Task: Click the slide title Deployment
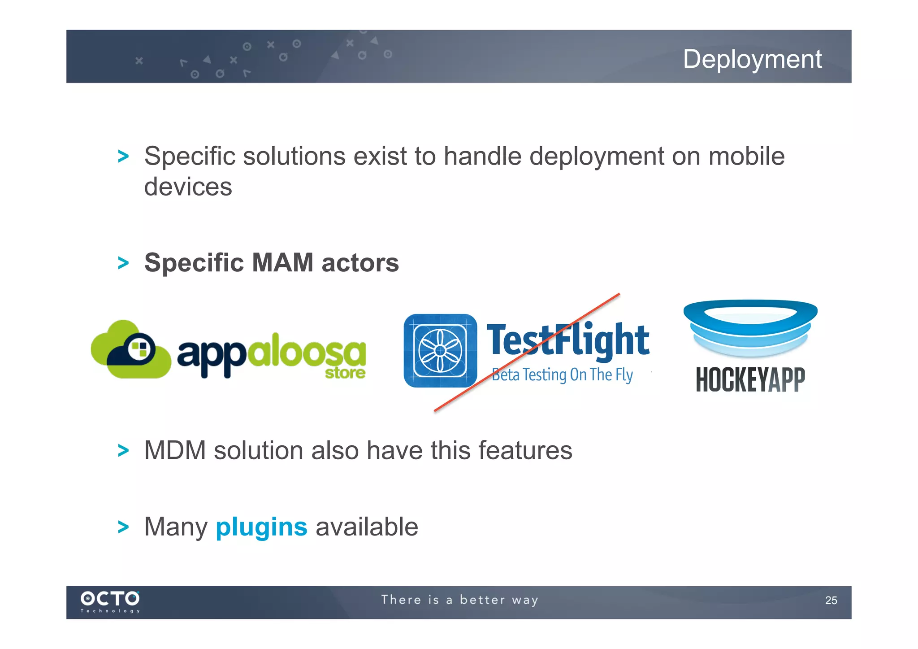(752, 59)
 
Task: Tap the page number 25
(831, 600)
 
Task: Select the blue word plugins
(261, 527)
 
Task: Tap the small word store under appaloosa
(345, 373)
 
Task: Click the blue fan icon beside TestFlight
(440, 350)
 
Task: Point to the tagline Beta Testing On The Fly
(562, 375)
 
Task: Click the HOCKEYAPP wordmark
(750, 379)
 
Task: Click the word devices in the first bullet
(188, 187)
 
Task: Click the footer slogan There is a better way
(459, 600)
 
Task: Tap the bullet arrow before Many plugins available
(123, 527)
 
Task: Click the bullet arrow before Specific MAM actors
(123, 263)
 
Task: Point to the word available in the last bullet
(367, 527)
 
